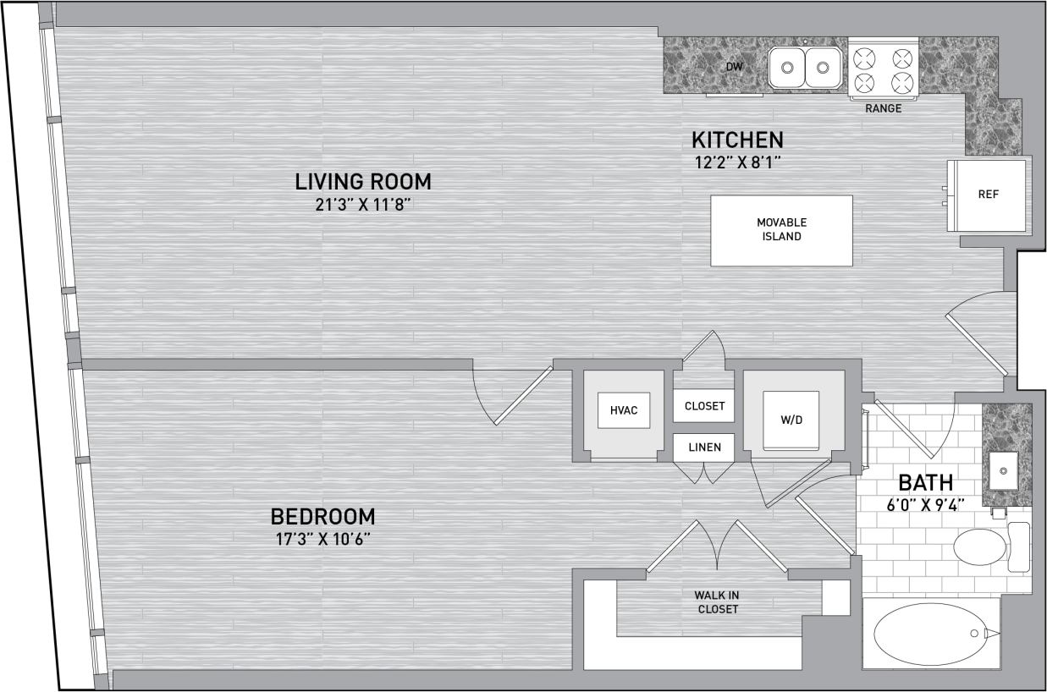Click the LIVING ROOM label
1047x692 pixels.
[x=363, y=181]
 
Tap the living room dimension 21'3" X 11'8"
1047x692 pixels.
[x=363, y=204]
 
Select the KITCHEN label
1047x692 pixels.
[x=737, y=140]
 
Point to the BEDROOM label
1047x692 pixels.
[x=322, y=516]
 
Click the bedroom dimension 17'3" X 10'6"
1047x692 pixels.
[x=322, y=539]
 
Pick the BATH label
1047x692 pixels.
[x=925, y=483]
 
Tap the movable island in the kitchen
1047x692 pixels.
[x=781, y=230]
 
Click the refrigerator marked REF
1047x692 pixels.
[x=988, y=195]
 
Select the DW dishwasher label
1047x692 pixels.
[x=734, y=66]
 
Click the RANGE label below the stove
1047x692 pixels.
[x=883, y=108]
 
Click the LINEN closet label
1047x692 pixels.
[x=704, y=447]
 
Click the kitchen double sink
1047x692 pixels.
[x=805, y=68]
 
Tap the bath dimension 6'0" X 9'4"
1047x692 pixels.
[x=925, y=507]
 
